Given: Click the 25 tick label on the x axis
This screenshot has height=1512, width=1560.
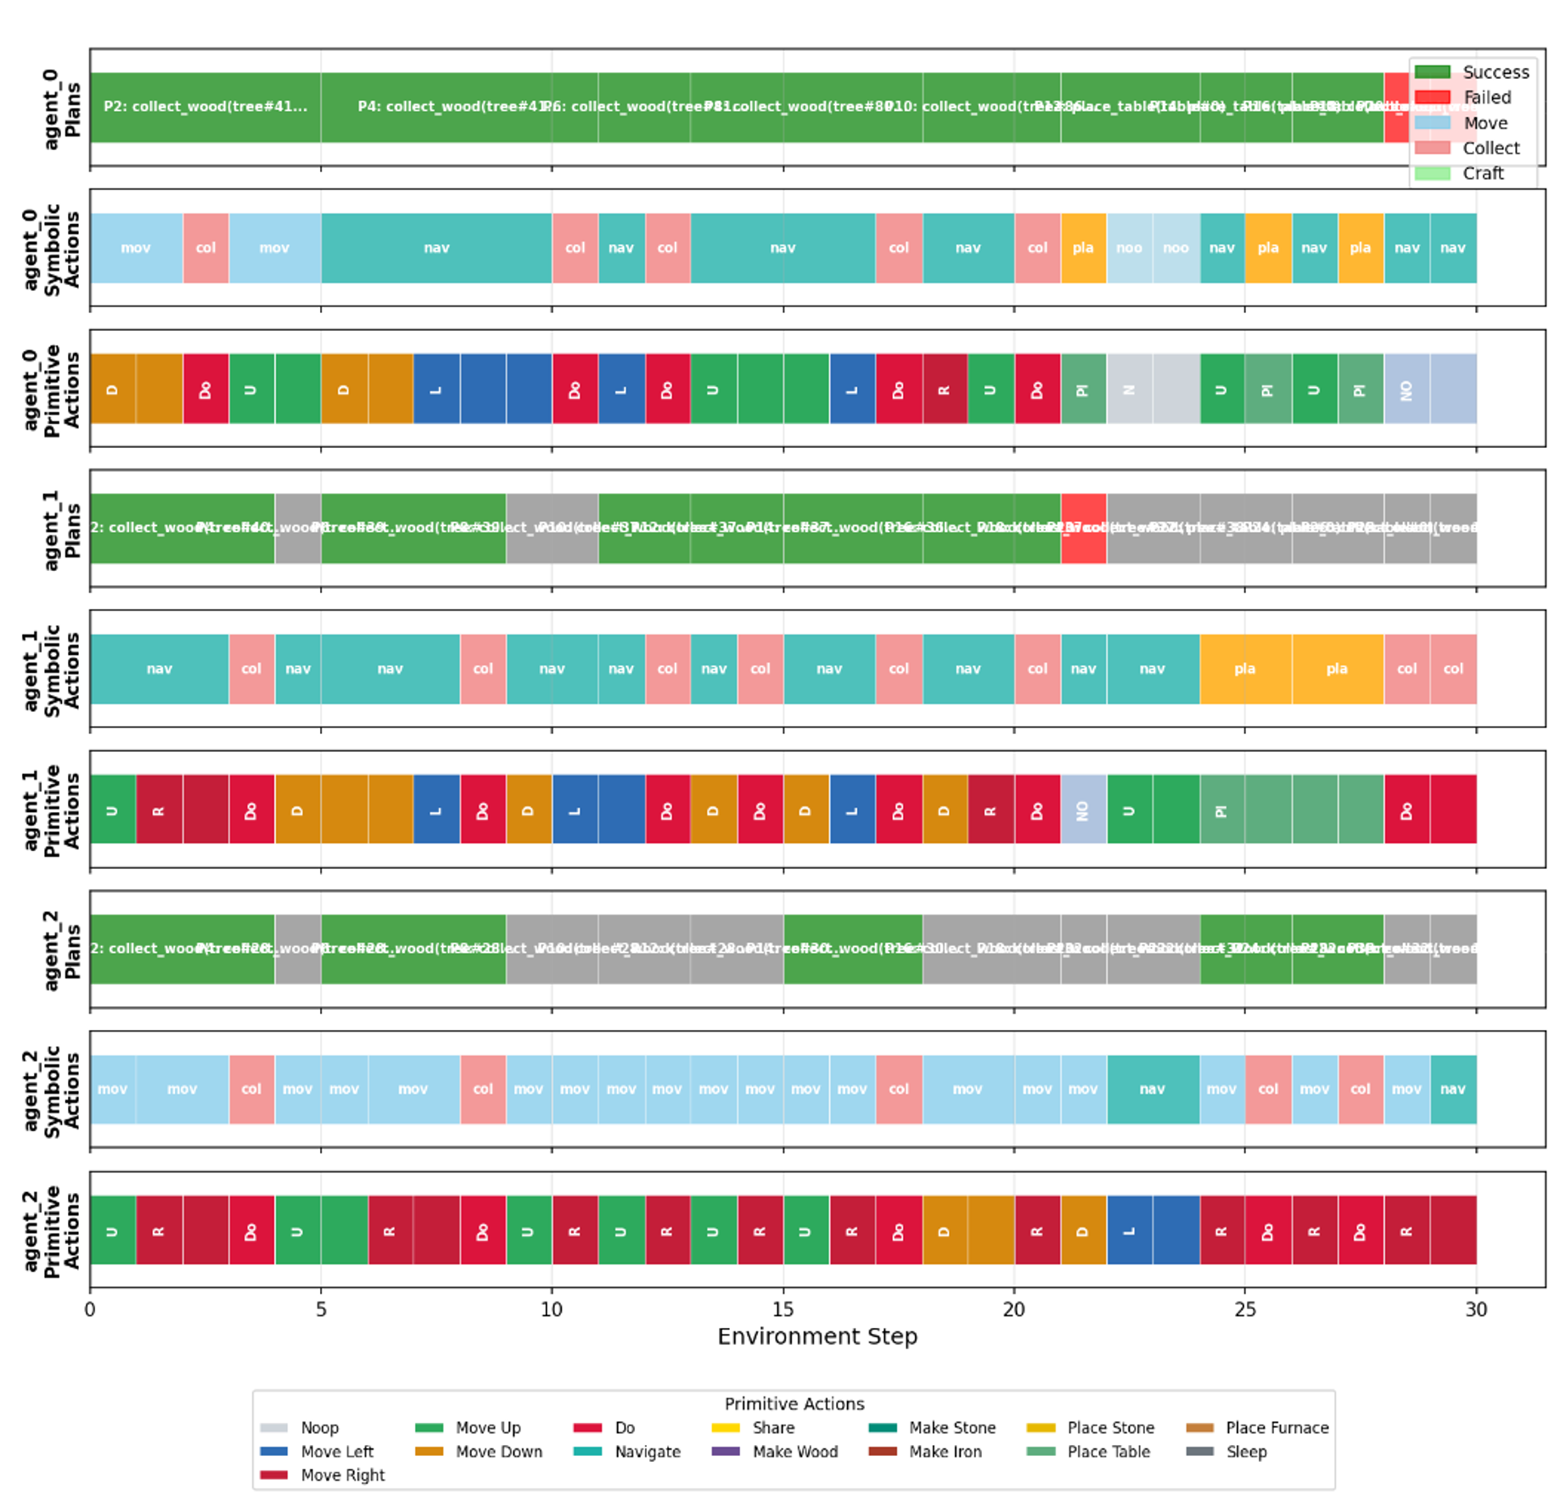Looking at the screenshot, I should (1244, 1309).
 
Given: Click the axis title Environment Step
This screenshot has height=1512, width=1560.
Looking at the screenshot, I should (816, 1336).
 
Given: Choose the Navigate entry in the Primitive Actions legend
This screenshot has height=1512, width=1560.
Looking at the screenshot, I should (647, 1452).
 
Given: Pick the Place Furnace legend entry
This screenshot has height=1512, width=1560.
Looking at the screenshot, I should (1277, 1428).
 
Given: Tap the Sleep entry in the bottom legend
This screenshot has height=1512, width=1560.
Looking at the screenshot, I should (1246, 1452).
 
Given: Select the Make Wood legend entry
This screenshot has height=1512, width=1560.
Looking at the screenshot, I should (794, 1452).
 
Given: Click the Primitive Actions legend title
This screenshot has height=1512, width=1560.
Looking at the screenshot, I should (794, 1403).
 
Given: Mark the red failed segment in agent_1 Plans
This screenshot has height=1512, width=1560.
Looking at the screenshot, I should (1083, 528).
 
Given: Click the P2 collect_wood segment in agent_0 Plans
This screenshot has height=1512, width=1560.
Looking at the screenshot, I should (205, 107).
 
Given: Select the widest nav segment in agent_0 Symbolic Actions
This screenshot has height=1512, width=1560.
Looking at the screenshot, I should (436, 248).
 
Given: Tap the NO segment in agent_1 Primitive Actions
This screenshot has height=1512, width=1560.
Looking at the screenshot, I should (1083, 809).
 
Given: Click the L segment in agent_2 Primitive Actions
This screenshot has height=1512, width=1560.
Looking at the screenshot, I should (1129, 1230).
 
